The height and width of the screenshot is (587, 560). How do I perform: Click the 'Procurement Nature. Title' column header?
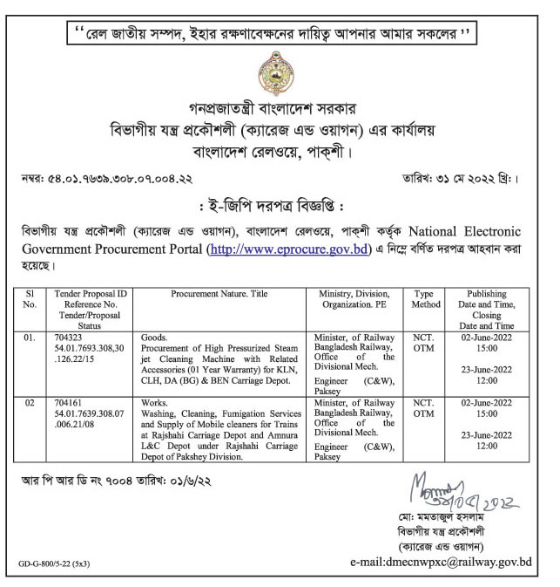click(221, 295)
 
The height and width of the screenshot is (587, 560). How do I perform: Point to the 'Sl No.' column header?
click(31, 300)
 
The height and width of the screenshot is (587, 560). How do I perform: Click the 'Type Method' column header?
click(424, 300)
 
